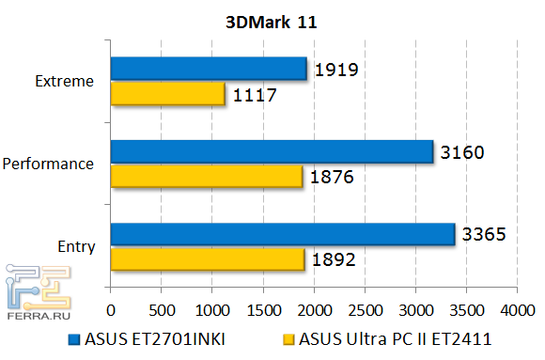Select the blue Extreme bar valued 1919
tap(209, 68)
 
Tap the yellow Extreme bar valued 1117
tap(167, 93)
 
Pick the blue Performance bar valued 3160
tap(272, 151)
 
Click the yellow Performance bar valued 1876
tap(206, 176)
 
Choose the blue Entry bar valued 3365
tap(282, 234)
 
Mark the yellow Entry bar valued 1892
tap(207, 259)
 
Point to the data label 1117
tap(255, 94)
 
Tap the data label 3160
tap(462, 151)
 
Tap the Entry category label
tap(77, 246)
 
